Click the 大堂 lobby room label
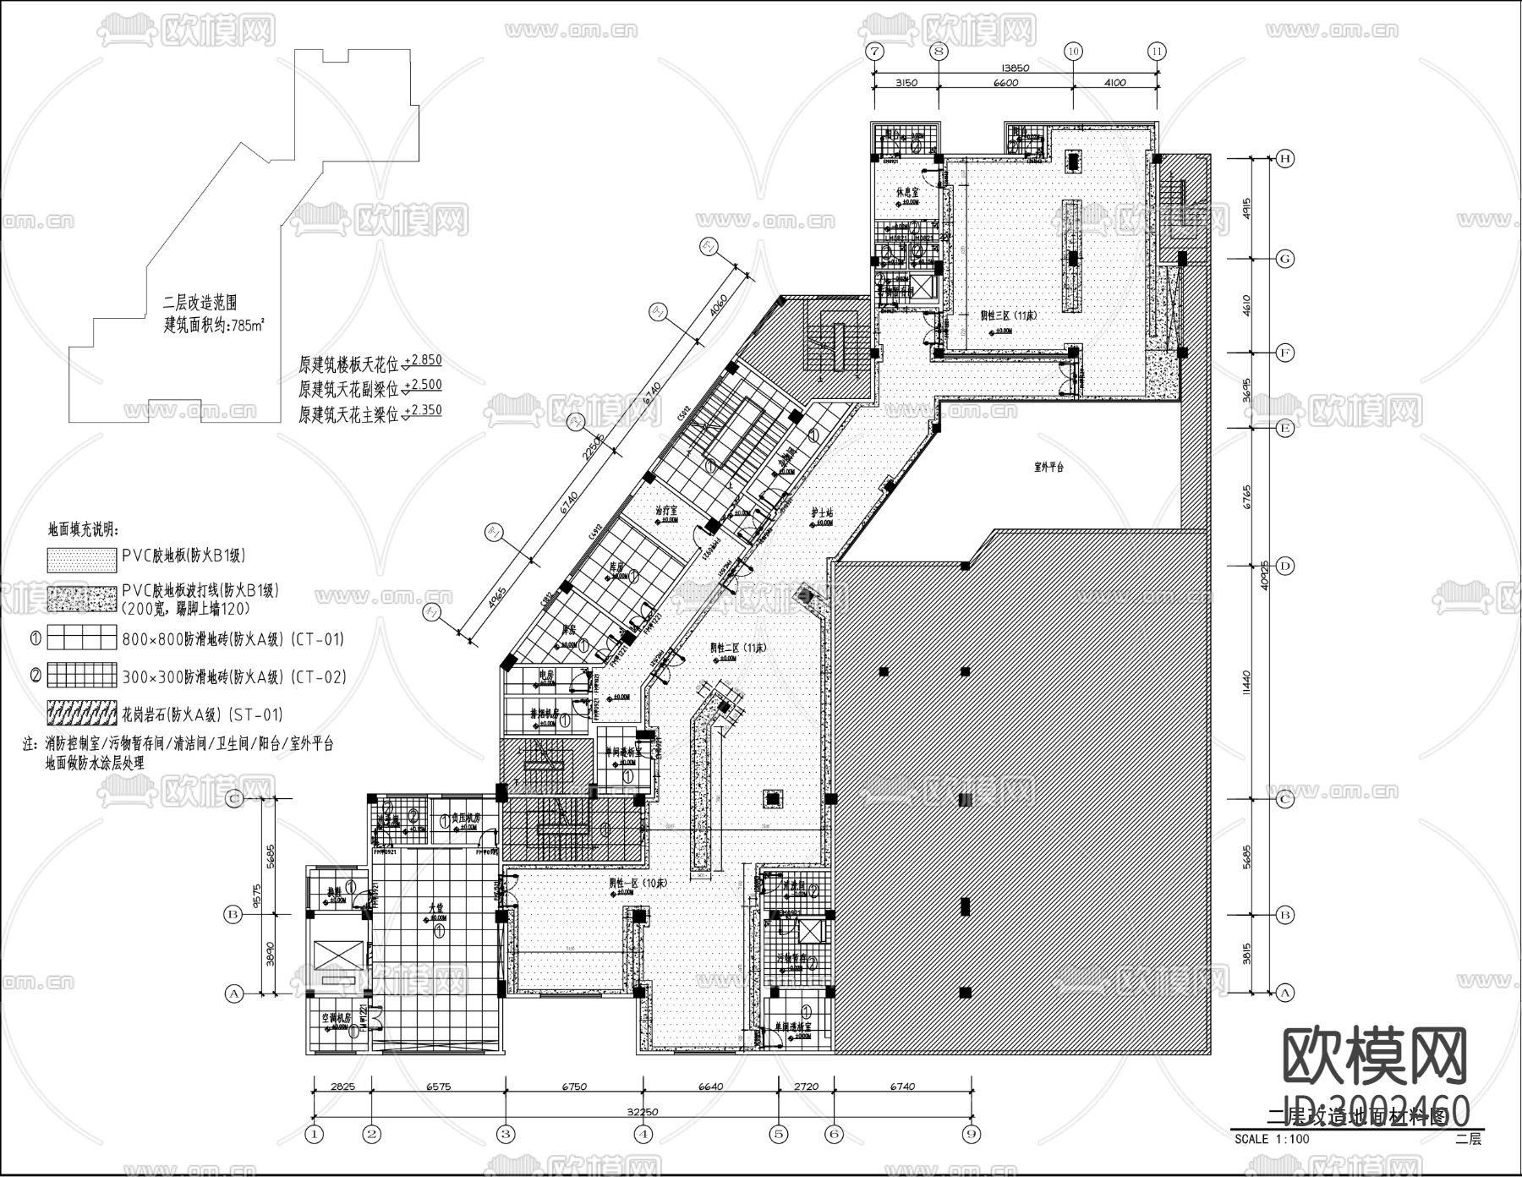[x=436, y=906]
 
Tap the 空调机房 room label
[x=336, y=1019]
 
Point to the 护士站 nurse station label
[x=822, y=513]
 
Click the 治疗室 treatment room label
[x=669, y=511]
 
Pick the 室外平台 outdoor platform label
[x=1048, y=467]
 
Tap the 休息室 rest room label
[x=908, y=193]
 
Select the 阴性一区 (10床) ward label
[x=638, y=882]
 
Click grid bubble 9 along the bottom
[x=972, y=1133]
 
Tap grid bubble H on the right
[x=1285, y=158]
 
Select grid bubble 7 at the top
[x=874, y=51]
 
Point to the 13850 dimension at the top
[x=1014, y=68]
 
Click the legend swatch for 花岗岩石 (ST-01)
[x=81, y=714]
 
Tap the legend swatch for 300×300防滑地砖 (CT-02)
[x=81, y=675]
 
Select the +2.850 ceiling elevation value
[x=423, y=360]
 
